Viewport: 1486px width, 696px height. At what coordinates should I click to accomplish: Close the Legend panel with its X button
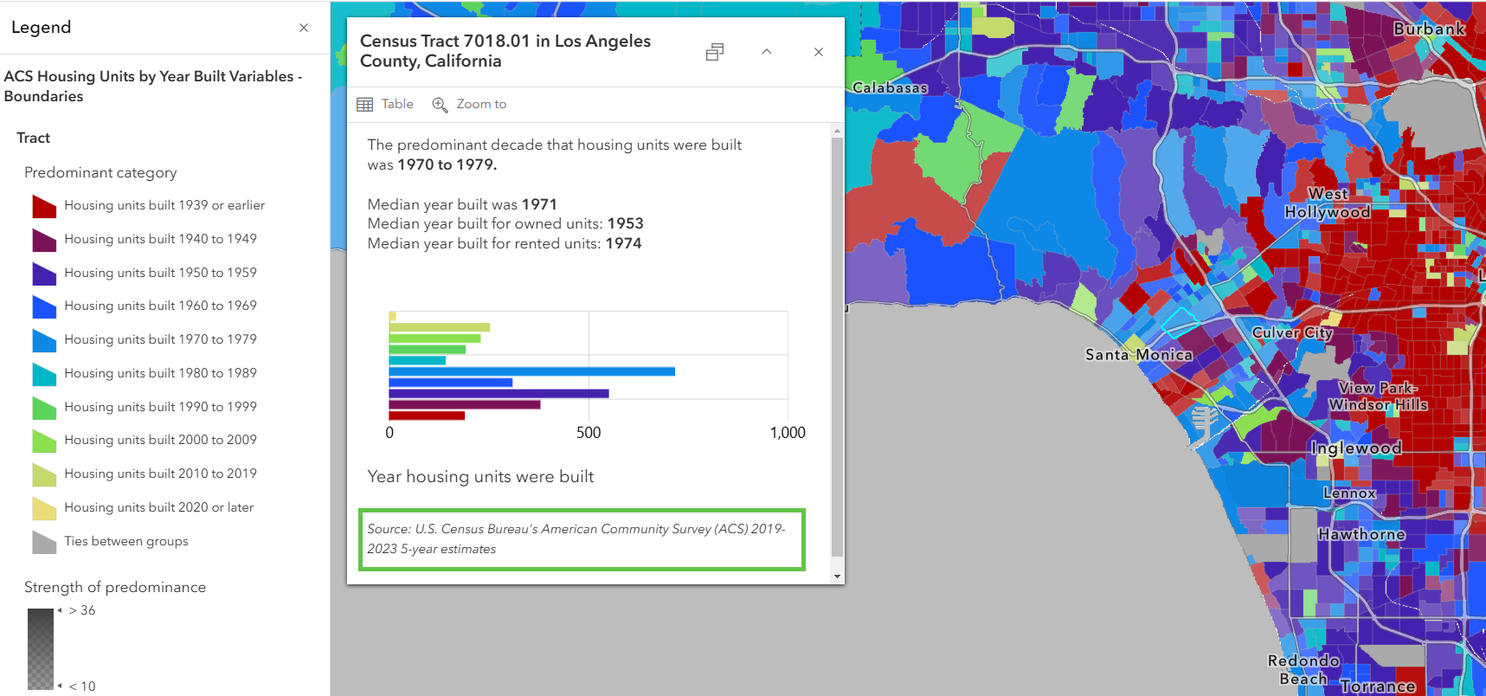304,28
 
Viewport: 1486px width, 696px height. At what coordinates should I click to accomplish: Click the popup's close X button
818,52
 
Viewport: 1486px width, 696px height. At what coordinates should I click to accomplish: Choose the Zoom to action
469,104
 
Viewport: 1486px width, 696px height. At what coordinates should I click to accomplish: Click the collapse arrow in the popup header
766,52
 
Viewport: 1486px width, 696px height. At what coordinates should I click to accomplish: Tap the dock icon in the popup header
714,52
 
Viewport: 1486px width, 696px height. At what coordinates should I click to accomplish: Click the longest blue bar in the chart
531,371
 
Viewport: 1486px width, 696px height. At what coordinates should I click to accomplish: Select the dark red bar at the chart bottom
427,416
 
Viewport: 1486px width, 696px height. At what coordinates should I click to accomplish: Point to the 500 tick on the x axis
589,433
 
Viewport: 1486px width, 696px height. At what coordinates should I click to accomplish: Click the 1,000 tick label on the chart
788,433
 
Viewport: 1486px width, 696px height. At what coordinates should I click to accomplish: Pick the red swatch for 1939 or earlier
44,206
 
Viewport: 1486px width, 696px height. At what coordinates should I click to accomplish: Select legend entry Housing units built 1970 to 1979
160,339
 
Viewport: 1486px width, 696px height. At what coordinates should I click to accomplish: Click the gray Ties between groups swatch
44,542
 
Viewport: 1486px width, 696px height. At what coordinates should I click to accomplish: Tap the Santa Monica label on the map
1138,355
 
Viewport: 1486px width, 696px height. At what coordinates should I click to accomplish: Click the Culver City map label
1292,332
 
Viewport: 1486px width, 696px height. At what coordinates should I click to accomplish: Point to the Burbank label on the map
1429,29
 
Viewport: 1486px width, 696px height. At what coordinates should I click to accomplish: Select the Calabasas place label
890,87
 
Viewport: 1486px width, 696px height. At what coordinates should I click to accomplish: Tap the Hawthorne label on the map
1361,534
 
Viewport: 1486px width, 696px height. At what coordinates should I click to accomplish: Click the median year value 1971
539,204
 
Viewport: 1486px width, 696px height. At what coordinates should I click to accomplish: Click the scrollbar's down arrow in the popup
837,576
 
